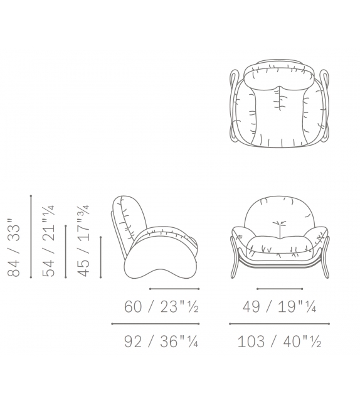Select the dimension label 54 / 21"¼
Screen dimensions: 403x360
49,240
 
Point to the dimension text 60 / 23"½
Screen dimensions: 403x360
162,308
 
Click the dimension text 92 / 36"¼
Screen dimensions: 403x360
162,342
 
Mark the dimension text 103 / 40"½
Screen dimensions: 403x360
280,342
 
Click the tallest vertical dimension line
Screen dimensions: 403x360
31,236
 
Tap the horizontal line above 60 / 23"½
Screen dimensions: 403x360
174,289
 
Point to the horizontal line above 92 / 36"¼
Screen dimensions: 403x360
155,324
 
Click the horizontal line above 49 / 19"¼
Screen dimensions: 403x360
279,289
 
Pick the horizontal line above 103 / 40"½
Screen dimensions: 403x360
280,324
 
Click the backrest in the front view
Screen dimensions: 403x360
280,213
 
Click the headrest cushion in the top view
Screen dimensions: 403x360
280,76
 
